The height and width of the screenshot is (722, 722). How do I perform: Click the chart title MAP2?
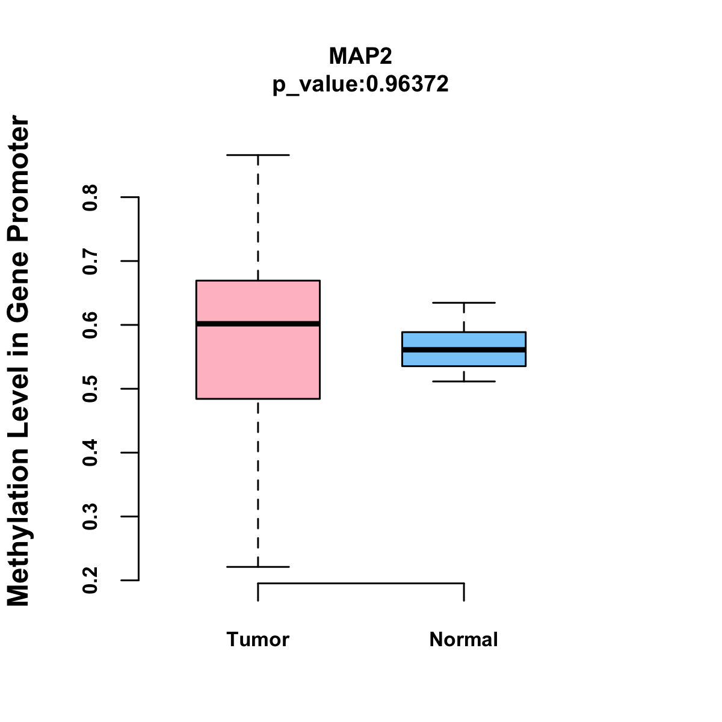360,56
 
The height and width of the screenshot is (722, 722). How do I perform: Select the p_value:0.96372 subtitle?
360,84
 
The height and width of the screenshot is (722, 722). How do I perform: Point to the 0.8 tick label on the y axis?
90,197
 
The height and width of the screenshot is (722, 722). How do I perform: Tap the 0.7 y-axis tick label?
90,261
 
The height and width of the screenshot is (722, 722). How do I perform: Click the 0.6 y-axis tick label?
90,325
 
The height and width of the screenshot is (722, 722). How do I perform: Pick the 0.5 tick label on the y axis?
90,389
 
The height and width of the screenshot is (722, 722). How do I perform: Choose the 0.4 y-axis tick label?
90,452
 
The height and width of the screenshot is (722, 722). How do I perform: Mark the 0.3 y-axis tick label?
90,516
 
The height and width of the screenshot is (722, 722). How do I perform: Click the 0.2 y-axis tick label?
90,580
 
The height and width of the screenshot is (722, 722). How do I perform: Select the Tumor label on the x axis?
258,640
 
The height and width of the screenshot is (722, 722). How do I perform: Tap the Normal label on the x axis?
463,640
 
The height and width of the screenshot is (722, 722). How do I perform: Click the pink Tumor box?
258,361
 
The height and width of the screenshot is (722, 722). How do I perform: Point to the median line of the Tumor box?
258,324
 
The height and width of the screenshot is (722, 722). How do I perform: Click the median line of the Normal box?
463,350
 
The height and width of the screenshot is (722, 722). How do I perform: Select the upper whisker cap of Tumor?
258,155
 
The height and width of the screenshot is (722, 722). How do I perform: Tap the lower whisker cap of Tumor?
258,567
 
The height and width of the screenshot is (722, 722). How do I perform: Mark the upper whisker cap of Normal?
463,303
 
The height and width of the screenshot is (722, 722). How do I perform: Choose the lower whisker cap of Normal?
463,381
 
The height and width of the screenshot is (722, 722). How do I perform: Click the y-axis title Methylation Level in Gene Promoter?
19,361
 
